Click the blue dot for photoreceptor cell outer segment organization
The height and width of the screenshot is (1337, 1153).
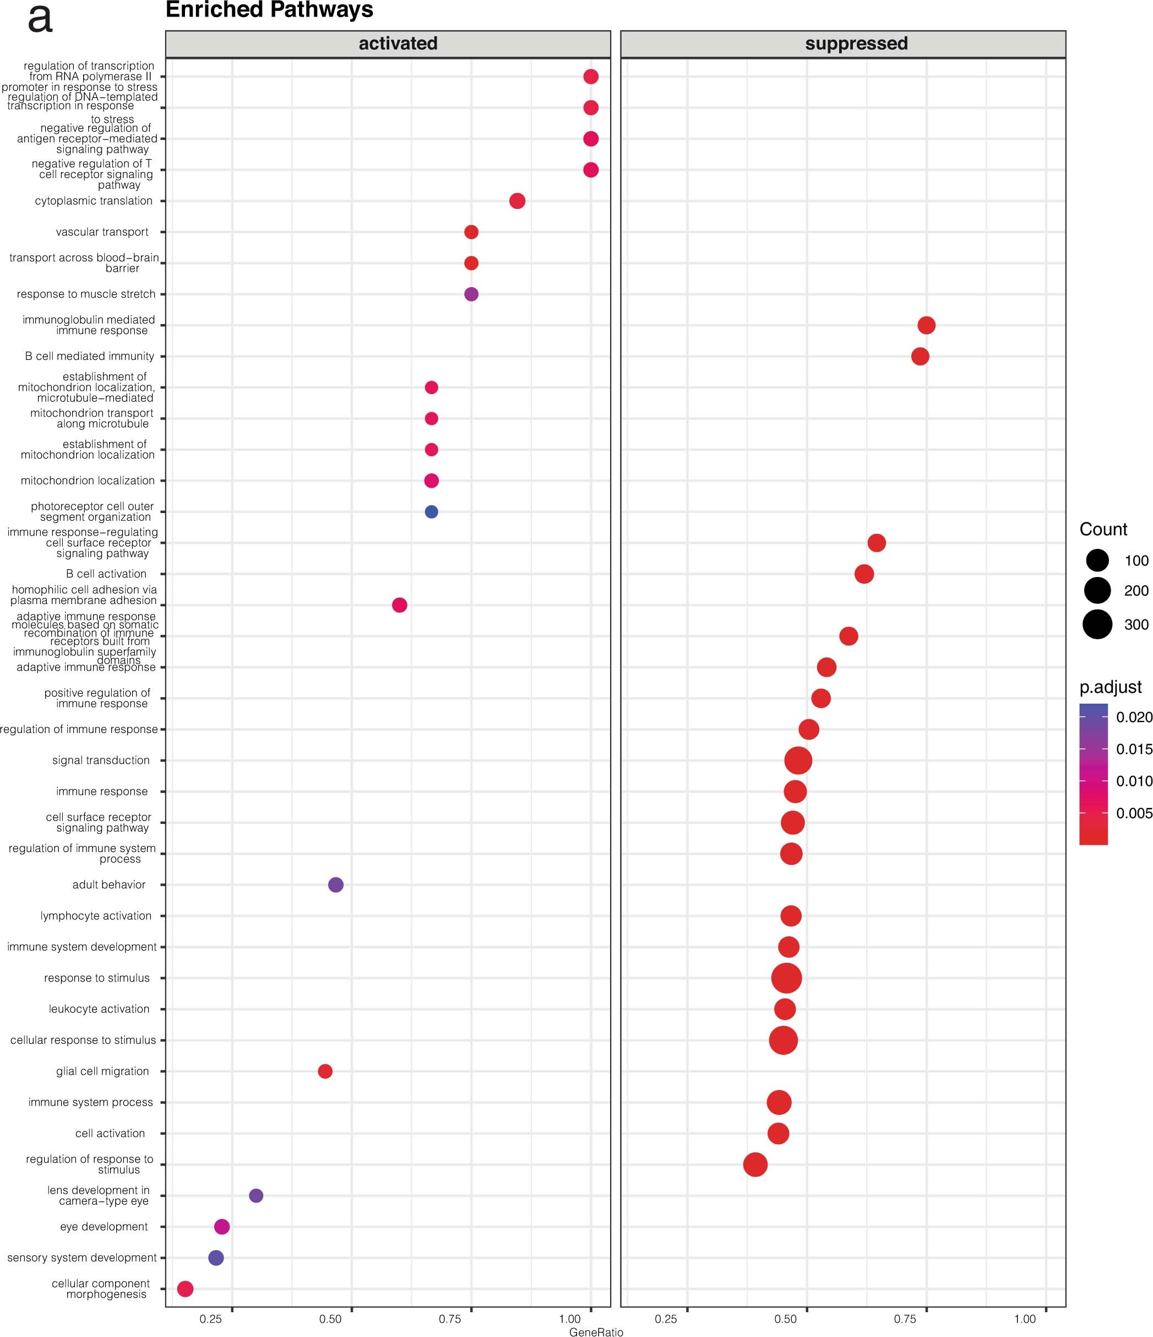(x=431, y=511)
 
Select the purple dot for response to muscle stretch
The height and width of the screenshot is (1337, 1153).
(x=471, y=294)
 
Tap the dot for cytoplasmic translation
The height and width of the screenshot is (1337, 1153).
(x=517, y=201)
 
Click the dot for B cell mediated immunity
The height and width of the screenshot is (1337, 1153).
(x=920, y=356)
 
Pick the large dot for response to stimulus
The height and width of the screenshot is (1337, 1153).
(x=787, y=978)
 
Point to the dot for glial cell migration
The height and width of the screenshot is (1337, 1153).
(x=325, y=1071)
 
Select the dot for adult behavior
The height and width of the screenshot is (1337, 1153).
(x=336, y=885)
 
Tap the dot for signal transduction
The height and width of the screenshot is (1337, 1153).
(x=798, y=760)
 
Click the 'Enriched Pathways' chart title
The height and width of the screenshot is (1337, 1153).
(x=270, y=10)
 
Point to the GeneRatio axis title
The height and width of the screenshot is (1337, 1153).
(x=596, y=1331)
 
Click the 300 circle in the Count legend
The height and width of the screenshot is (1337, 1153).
(x=1097, y=624)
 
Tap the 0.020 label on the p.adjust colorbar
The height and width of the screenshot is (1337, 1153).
(x=1134, y=718)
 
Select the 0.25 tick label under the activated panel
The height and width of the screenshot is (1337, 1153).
(x=211, y=1319)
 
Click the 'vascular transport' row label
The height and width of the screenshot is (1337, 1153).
(x=102, y=233)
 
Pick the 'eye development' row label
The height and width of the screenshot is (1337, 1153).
(x=104, y=1227)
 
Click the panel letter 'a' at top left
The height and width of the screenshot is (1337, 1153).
(x=40, y=19)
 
